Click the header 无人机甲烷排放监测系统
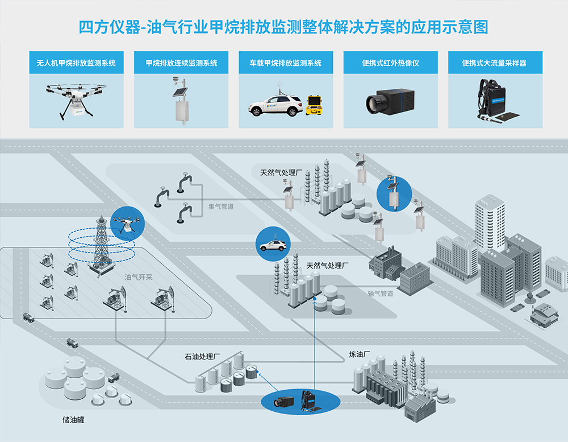click(76, 63)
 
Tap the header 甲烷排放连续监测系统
click(181, 63)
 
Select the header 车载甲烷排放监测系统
click(285, 63)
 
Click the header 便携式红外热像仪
click(390, 63)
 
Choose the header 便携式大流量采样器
click(495, 63)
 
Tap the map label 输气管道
click(380, 294)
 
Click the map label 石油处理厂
click(201, 357)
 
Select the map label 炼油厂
click(359, 354)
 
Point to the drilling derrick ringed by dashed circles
click(101, 245)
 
